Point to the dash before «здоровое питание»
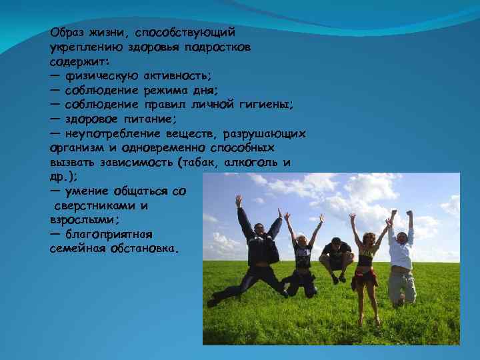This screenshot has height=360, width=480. (x=55, y=119)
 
